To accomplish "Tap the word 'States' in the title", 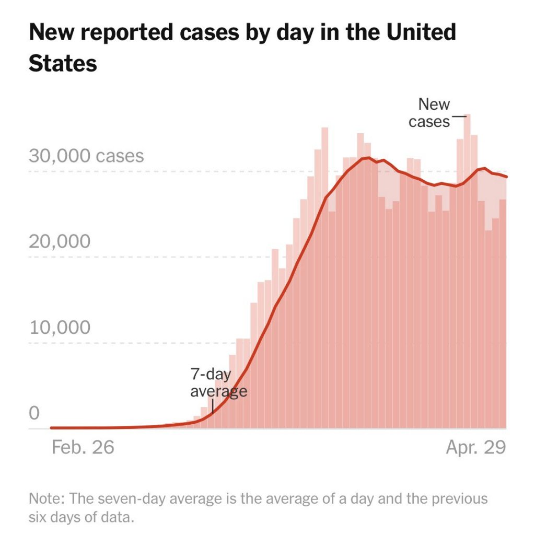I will (63, 63).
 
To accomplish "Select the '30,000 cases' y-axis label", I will (86, 156).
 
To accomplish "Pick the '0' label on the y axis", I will (34, 413).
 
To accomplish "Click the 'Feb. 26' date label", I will (83, 447).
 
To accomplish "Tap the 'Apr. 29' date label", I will (476, 447).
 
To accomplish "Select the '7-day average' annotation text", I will (218, 383).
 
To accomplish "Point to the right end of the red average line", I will (507, 177).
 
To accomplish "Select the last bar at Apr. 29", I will (503, 313).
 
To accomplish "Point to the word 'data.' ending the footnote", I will (121, 518).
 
